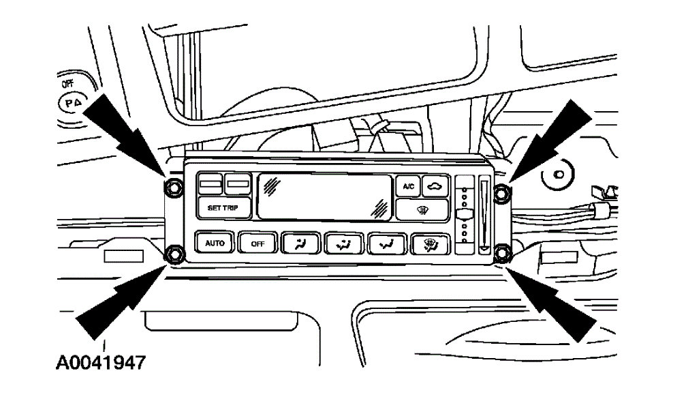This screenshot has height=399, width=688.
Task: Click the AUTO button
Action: [215, 243]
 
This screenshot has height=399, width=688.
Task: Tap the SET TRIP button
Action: [223, 208]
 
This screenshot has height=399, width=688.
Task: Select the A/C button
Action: [408, 186]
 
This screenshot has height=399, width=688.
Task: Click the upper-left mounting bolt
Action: [174, 186]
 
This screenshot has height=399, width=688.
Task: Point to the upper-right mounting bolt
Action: [501, 193]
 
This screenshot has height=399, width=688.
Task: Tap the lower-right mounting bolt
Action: [503, 254]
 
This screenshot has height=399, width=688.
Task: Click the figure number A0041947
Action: [100, 362]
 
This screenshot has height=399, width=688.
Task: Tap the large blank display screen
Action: [323, 196]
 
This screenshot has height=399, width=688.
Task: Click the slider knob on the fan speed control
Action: [465, 216]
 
